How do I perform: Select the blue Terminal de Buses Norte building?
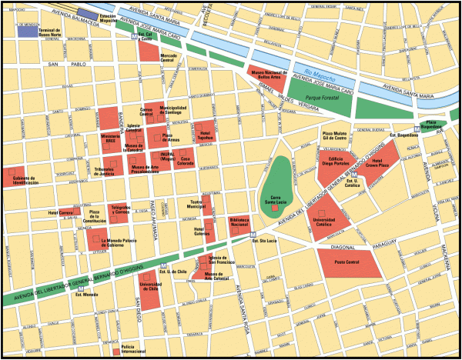coord(28,30)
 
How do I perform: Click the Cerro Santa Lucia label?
coord(276,200)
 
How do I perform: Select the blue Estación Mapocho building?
coord(88,16)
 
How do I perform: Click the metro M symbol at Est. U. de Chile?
coord(163,265)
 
